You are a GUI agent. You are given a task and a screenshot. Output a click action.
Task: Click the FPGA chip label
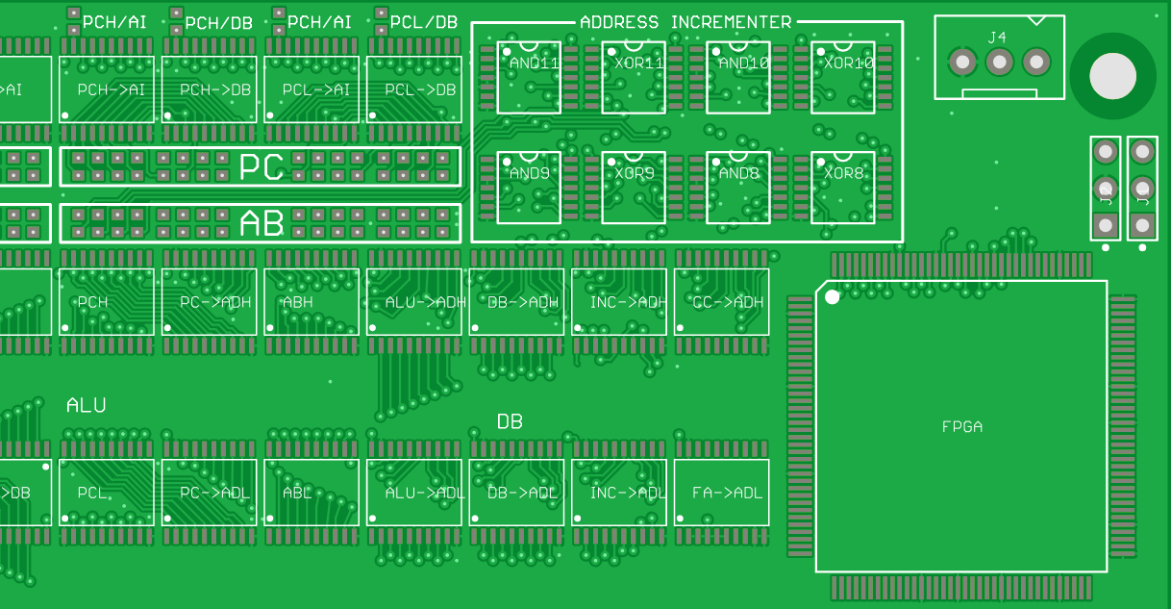click(x=961, y=427)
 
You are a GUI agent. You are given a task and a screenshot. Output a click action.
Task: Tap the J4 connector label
click(x=997, y=38)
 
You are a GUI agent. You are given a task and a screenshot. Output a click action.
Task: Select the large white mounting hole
click(x=1112, y=76)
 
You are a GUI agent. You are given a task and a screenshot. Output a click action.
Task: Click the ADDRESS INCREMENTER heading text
click(x=685, y=22)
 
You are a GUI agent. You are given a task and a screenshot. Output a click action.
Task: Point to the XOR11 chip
click(x=634, y=77)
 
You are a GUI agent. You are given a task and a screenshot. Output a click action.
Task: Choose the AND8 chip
click(x=738, y=188)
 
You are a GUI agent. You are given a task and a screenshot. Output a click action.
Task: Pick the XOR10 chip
click(x=843, y=77)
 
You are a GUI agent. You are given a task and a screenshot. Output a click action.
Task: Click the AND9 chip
click(x=529, y=188)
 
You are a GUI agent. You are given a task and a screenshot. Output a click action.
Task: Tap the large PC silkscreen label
click(x=262, y=167)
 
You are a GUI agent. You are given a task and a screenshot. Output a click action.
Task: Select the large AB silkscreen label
click(x=262, y=224)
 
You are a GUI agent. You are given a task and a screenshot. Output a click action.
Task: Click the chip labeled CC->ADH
click(x=722, y=301)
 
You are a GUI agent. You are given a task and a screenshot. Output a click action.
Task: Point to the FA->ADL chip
click(x=722, y=492)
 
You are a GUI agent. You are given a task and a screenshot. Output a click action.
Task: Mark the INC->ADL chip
click(x=619, y=492)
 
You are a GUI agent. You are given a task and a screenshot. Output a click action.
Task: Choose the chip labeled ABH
click(x=311, y=301)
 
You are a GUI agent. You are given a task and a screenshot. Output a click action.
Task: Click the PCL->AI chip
click(x=311, y=89)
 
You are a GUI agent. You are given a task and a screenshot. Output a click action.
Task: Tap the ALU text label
click(x=86, y=406)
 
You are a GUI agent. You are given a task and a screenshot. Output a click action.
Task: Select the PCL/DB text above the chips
click(x=423, y=22)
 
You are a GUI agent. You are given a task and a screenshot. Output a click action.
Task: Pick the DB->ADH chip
click(x=517, y=301)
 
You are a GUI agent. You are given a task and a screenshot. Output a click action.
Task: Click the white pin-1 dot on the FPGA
click(x=833, y=296)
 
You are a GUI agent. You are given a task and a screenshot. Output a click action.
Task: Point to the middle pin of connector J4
click(x=999, y=63)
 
